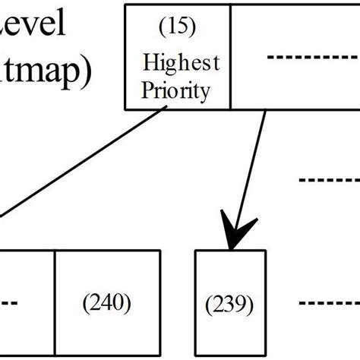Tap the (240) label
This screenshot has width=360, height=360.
108,303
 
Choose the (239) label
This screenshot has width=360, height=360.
229,305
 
